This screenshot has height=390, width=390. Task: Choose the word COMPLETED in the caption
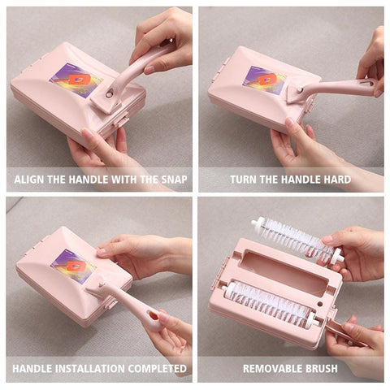[x=158, y=369]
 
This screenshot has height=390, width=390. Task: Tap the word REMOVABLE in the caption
[x=272, y=369]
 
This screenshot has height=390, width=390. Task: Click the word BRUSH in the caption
[x=322, y=369]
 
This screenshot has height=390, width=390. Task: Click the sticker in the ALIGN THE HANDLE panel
[x=76, y=80]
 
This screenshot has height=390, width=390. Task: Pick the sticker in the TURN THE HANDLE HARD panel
[x=264, y=80]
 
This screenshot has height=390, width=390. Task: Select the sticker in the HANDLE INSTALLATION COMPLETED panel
[x=73, y=266]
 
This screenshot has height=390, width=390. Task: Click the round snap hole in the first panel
[x=109, y=94]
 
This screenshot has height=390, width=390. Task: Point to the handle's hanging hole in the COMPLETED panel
[x=154, y=315]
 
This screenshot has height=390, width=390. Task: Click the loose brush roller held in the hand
[x=297, y=239]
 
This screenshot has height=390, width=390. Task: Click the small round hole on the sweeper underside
[x=320, y=304]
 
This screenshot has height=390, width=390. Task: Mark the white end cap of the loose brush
[x=338, y=256]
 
